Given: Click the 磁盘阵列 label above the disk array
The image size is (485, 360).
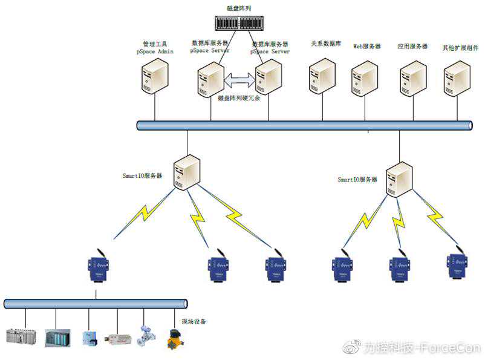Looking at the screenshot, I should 239,8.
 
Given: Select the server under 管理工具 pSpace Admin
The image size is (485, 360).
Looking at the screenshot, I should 155,78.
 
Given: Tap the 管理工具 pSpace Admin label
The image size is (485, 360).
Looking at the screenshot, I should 155,48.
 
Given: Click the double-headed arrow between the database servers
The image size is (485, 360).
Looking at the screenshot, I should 240,79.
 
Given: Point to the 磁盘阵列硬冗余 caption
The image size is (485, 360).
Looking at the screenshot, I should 239,97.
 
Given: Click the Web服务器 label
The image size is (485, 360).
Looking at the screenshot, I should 367,46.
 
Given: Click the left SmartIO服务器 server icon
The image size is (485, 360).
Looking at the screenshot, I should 187,172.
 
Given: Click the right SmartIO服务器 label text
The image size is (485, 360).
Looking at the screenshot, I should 357,180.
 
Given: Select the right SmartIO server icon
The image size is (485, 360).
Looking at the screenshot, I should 400,178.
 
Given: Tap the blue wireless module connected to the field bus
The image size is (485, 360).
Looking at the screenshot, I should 97,267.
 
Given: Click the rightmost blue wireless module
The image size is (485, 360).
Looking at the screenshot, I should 457,265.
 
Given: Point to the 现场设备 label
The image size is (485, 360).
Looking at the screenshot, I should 194,321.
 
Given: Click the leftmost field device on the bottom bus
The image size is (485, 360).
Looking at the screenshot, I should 21,336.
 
